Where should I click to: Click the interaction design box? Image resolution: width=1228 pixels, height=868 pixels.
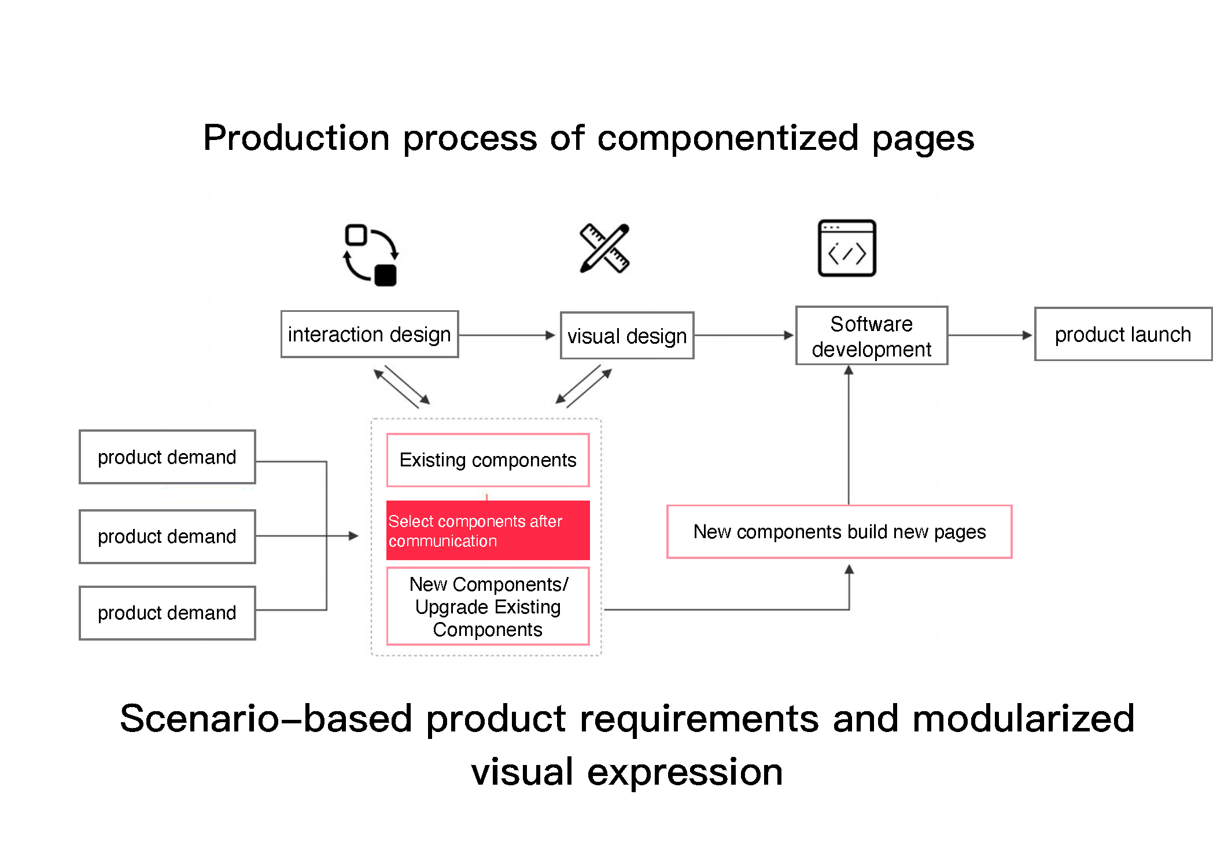369,334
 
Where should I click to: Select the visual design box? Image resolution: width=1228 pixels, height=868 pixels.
626,336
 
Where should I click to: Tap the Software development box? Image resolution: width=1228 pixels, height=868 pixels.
871,336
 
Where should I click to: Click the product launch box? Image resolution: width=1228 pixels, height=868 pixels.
1122,334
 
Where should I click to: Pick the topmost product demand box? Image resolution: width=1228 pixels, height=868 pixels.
167,457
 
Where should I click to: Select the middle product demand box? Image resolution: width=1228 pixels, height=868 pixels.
167,536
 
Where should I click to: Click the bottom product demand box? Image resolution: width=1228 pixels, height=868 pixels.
167,613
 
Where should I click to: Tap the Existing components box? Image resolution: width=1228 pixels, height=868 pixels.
488,460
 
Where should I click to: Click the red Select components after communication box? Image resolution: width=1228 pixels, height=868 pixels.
488,531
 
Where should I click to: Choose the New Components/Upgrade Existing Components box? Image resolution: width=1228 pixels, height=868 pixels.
488,606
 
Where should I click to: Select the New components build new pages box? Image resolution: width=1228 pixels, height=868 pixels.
839,532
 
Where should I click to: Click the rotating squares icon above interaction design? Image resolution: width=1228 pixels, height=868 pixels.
370,255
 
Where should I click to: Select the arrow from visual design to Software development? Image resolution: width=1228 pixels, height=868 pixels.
744,335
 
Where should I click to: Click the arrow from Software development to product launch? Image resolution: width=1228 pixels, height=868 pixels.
990,335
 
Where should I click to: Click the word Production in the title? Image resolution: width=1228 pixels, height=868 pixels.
296,139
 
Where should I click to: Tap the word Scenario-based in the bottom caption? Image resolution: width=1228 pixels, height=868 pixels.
266,719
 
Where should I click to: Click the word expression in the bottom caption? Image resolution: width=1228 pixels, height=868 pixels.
685,773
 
